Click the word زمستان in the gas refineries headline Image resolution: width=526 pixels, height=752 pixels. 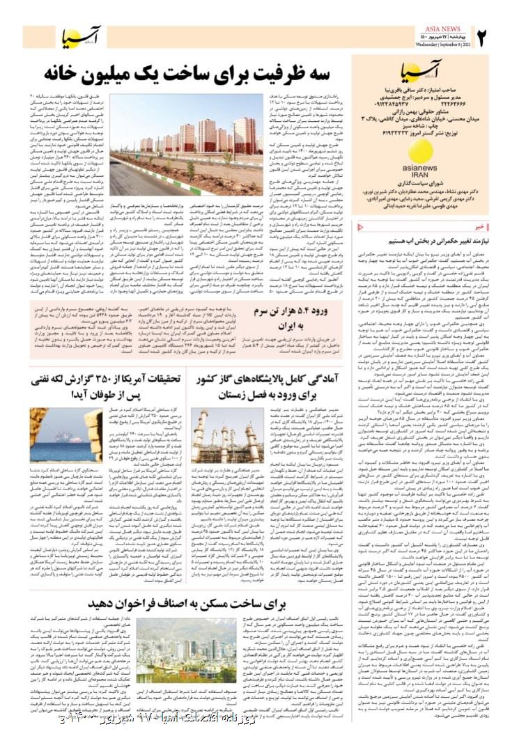point(227,395)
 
